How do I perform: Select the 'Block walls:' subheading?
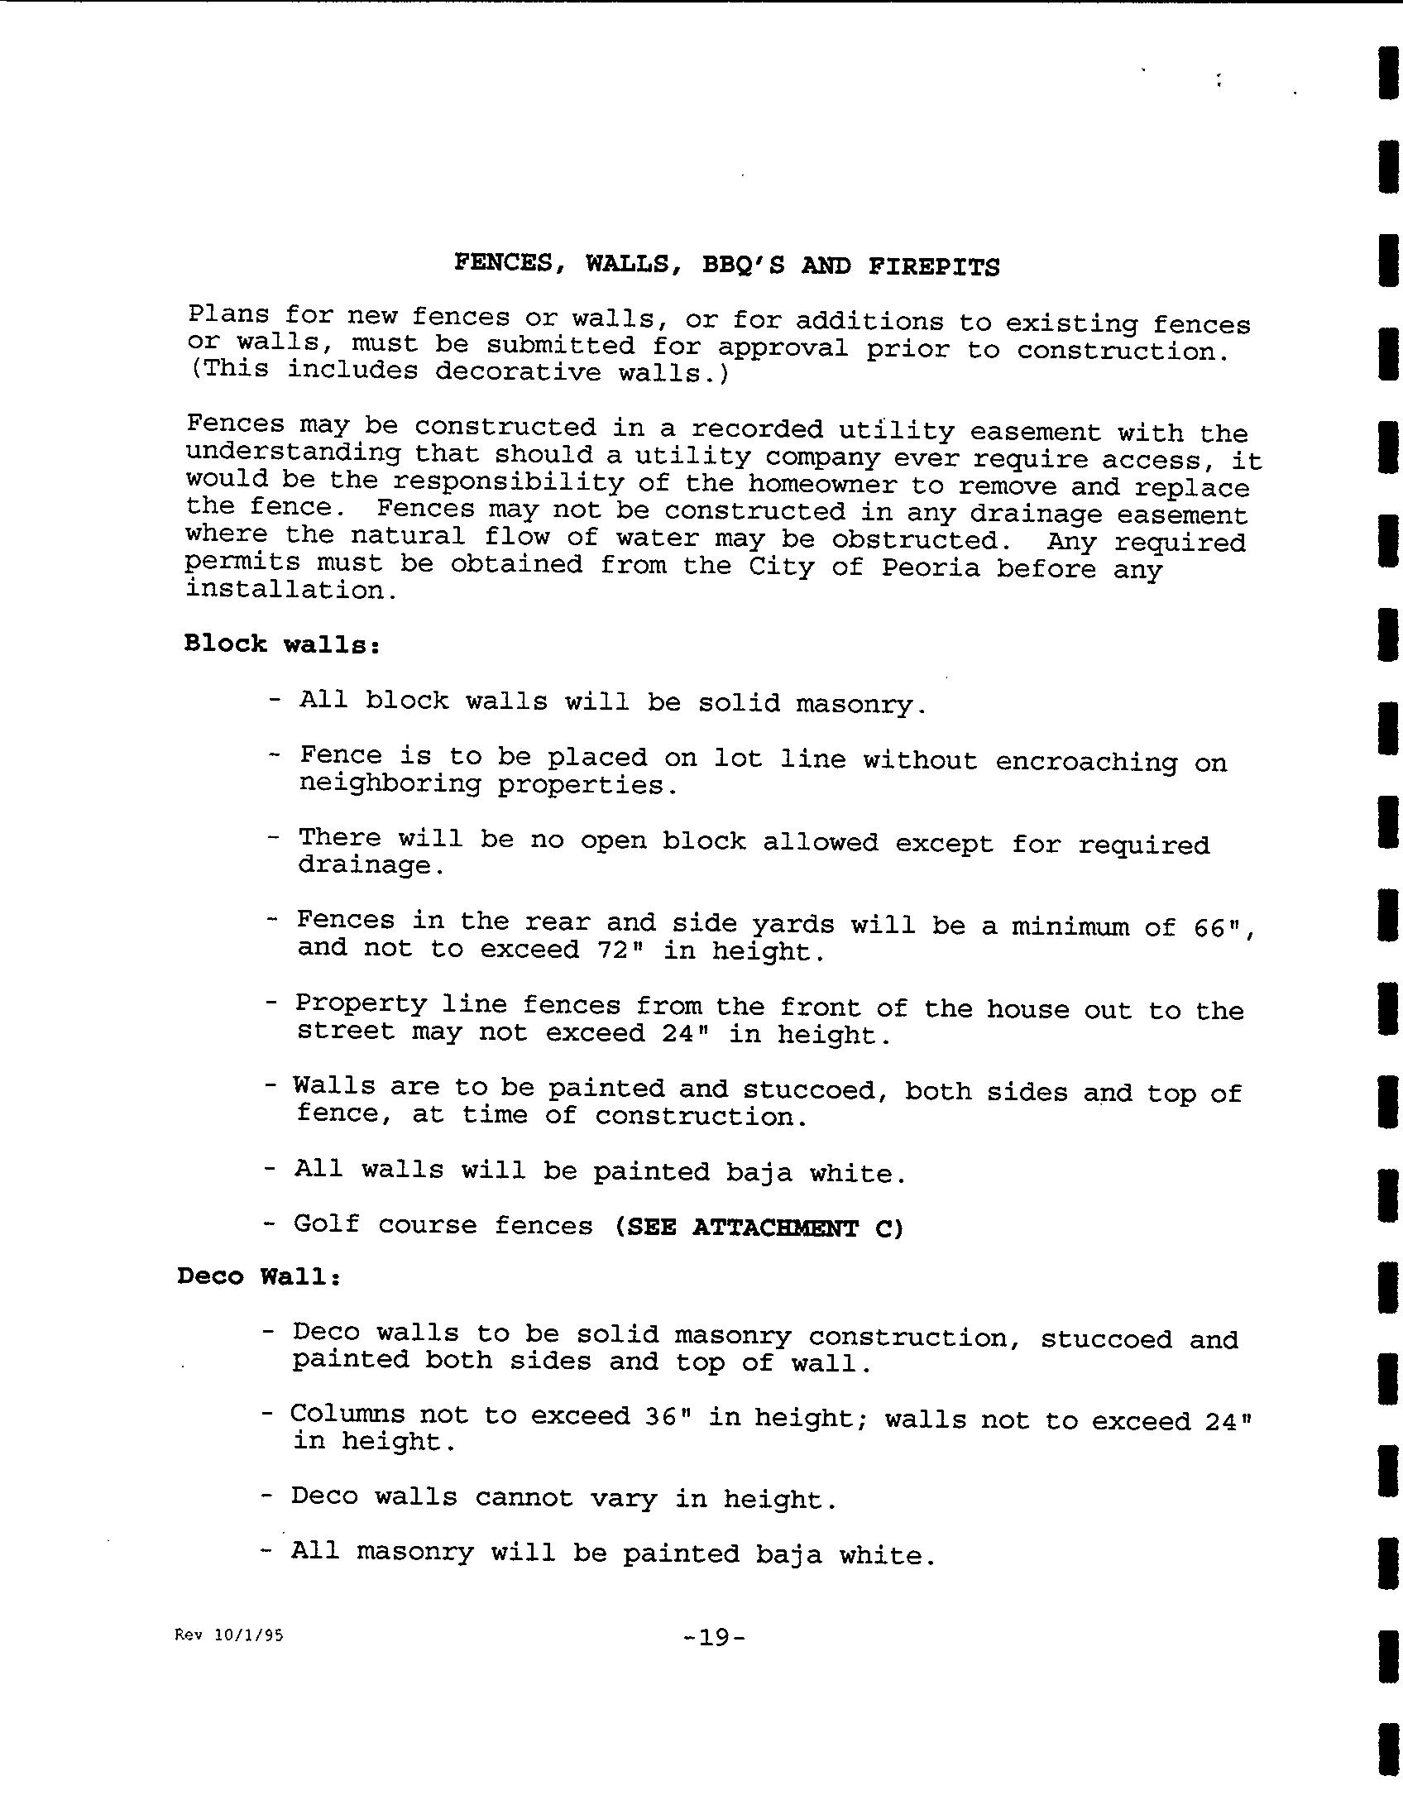(x=281, y=644)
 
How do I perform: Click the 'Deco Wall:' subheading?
(x=259, y=1276)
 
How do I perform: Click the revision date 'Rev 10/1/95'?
(x=229, y=1635)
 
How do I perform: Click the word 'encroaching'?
(x=1085, y=761)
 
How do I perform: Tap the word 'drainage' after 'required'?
(x=364, y=866)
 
